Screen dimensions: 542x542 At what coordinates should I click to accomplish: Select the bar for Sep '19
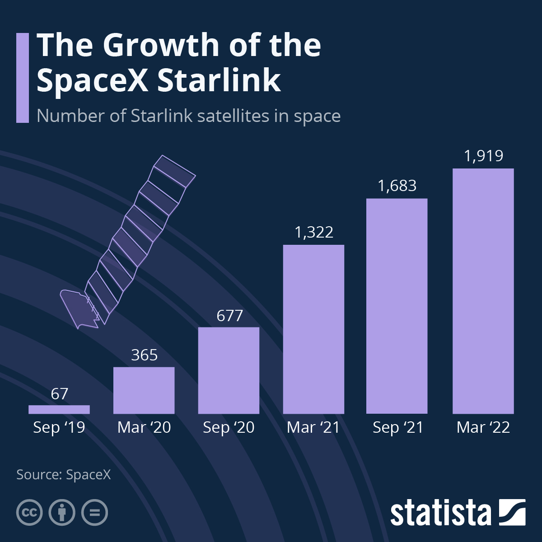(59, 409)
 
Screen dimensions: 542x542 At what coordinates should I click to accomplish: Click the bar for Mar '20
(144, 390)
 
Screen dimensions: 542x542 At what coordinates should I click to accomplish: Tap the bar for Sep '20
(229, 370)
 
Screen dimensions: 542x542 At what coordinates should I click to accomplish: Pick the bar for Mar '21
(313, 329)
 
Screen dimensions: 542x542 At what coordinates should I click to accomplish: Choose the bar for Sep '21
(397, 306)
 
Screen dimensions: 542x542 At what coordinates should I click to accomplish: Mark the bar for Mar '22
(483, 291)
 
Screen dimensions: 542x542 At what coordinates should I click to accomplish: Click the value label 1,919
(483, 156)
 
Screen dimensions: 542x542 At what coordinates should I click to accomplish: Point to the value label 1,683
(397, 186)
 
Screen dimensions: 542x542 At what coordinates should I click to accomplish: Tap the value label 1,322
(313, 232)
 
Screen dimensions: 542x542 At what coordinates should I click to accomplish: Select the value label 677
(229, 315)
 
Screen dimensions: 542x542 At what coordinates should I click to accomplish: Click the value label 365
(144, 355)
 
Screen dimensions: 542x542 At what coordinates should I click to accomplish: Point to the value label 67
(59, 394)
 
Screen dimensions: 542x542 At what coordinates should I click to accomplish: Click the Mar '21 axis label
(313, 427)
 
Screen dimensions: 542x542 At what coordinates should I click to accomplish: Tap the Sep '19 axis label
(59, 427)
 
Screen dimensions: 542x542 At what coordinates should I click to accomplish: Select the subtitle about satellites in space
(188, 116)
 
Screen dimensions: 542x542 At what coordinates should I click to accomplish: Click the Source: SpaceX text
(63, 475)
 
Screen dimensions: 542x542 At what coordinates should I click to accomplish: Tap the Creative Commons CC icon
(29, 513)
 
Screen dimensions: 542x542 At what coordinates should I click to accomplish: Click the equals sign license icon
(95, 513)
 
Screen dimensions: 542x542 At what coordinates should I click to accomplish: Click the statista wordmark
(440, 513)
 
